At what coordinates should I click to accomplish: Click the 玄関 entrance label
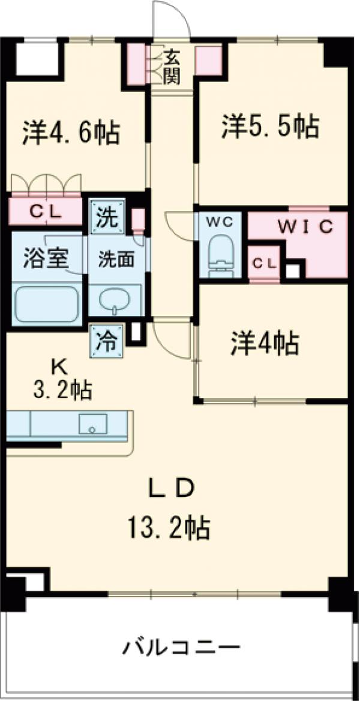172,67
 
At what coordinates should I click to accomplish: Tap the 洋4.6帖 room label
71,133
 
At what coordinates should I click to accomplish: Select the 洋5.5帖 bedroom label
269,127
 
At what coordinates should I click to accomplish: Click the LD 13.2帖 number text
167,528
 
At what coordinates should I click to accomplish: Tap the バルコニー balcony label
182,648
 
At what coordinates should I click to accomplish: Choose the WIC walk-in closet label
305,227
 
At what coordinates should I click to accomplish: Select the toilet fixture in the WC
220,257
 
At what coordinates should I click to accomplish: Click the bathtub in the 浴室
47,303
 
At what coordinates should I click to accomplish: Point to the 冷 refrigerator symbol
107,342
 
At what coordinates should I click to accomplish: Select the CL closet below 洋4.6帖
45,212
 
